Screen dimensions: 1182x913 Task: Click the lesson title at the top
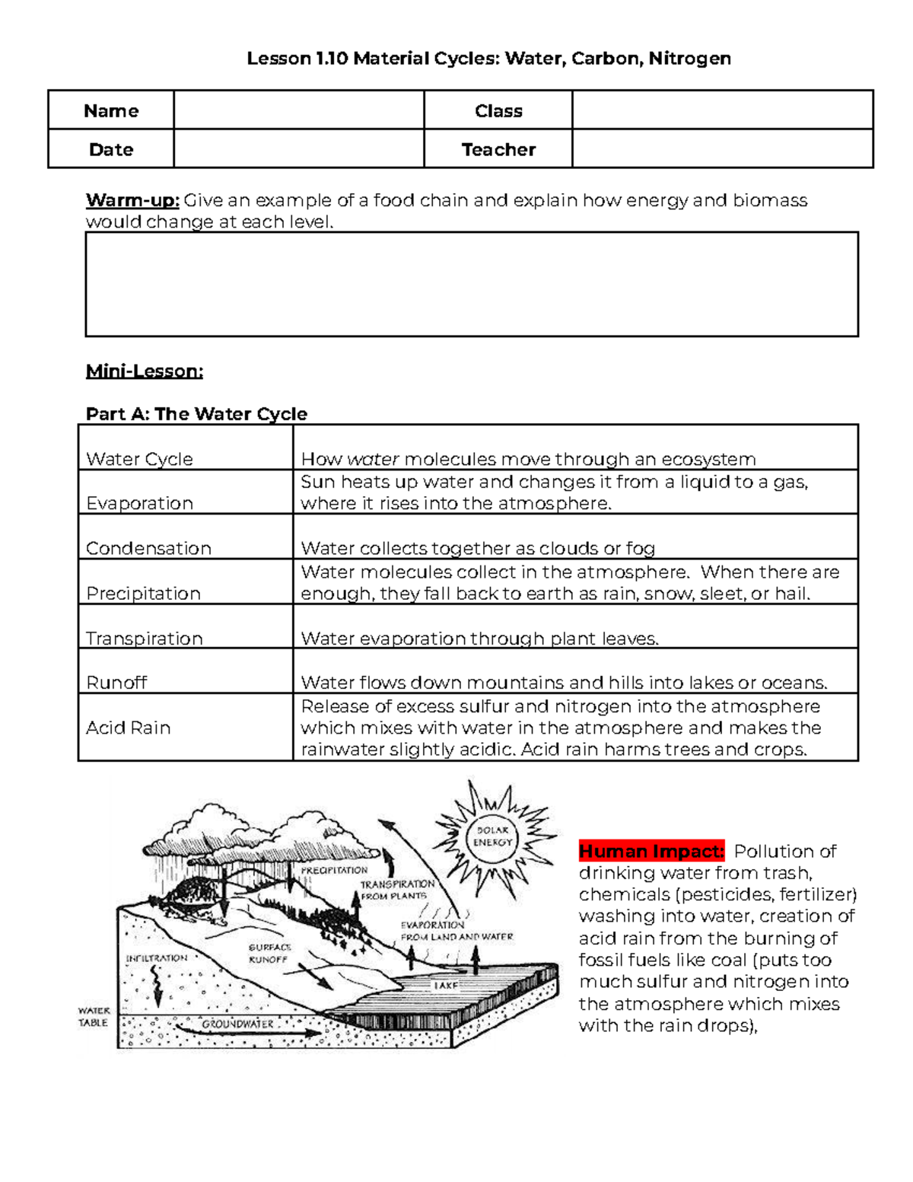[488, 59]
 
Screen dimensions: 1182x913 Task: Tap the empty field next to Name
[298, 110]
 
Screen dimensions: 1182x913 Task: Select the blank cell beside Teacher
[721, 149]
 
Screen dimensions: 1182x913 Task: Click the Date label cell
[111, 149]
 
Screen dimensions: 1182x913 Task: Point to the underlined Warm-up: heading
[132, 200]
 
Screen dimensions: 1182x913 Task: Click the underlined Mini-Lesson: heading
[144, 371]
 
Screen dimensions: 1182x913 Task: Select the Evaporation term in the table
[139, 503]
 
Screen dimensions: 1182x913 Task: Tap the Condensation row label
[148, 548]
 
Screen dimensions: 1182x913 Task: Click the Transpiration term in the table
[144, 638]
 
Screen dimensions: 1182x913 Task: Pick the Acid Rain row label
[128, 728]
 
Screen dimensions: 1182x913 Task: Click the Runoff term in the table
[116, 683]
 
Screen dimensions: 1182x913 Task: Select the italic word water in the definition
[373, 459]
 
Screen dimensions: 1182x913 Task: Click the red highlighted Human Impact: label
[651, 851]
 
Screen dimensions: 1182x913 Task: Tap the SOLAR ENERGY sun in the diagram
[492, 836]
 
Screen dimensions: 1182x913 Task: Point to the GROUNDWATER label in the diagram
[237, 1024]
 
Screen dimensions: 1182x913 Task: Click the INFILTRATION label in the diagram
[156, 958]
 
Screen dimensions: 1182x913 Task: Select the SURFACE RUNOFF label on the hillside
[269, 954]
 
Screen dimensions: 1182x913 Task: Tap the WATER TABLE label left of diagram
[94, 1017]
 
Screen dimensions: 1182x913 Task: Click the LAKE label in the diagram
[446, 985]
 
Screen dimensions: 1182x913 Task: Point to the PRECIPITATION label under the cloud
[334, 870]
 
